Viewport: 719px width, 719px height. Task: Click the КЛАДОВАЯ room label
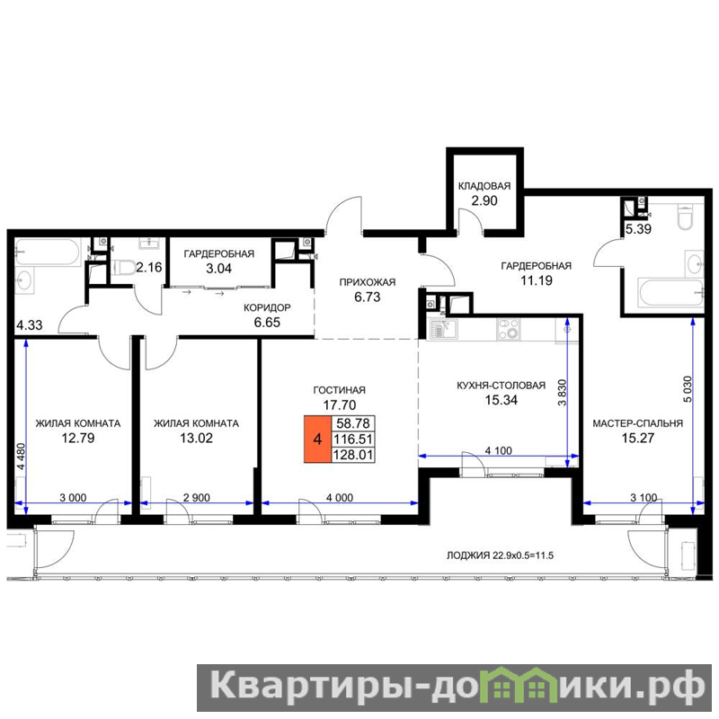[x=484, y=186]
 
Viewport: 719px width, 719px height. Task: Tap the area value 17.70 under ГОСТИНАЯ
[x=340, y=405]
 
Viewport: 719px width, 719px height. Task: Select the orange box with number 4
[x=317, y=439]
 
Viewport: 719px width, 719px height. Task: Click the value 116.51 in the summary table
[x=352, y=439]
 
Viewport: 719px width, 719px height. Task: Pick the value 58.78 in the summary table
[x=352, y=422]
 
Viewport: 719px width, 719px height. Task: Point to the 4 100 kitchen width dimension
[x=499, y=451]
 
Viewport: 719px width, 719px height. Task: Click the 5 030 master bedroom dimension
[x=688, y=389]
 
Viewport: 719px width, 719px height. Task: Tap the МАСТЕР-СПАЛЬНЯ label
[x=638, y=423]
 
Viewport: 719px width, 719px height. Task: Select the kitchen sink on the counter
[x=443, y=329]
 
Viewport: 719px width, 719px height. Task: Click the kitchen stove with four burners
[x=508, y=329]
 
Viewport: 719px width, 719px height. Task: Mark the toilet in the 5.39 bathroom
[x=686, y=216]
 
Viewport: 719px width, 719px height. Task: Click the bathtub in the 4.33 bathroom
[x=48, y=252]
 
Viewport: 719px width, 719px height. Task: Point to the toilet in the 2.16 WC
[x=122, y=267]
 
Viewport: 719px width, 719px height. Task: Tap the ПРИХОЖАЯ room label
[x=368, y=282]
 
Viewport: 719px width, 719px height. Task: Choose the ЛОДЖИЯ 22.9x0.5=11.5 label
[x=501, y=555]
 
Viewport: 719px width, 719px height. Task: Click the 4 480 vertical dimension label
[x=21, y=457]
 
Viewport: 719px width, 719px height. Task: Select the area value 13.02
[x=196, y=438]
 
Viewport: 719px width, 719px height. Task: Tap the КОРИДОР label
[x=267, y=307]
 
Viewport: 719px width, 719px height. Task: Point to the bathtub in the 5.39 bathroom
[x=670, y=292]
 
